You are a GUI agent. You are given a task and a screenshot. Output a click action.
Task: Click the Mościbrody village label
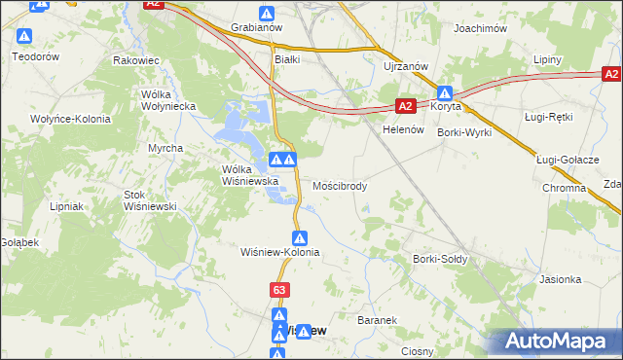tap(341, 185)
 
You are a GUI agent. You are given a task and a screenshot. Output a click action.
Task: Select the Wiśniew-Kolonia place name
tap(280, 251)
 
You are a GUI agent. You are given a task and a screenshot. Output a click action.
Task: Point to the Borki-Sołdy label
tap(441, 259)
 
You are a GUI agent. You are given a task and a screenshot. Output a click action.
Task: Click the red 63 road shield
tap(279, 290)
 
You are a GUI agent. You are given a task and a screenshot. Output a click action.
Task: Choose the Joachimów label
tap(481, 29)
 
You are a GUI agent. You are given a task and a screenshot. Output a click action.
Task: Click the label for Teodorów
tap(36, 56)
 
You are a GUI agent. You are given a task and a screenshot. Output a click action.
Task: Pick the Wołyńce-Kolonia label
tap(69, 119)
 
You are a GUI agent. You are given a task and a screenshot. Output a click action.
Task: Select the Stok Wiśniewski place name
tap(149, 200)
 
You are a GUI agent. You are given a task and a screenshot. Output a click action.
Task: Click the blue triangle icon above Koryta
tap(446, 94)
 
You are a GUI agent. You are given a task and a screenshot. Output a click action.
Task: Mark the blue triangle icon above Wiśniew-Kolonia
tap(301, 236)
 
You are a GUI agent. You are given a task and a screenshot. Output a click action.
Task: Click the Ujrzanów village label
tap(403, 66)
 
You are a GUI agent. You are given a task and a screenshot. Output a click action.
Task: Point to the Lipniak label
tap(68, 206)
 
